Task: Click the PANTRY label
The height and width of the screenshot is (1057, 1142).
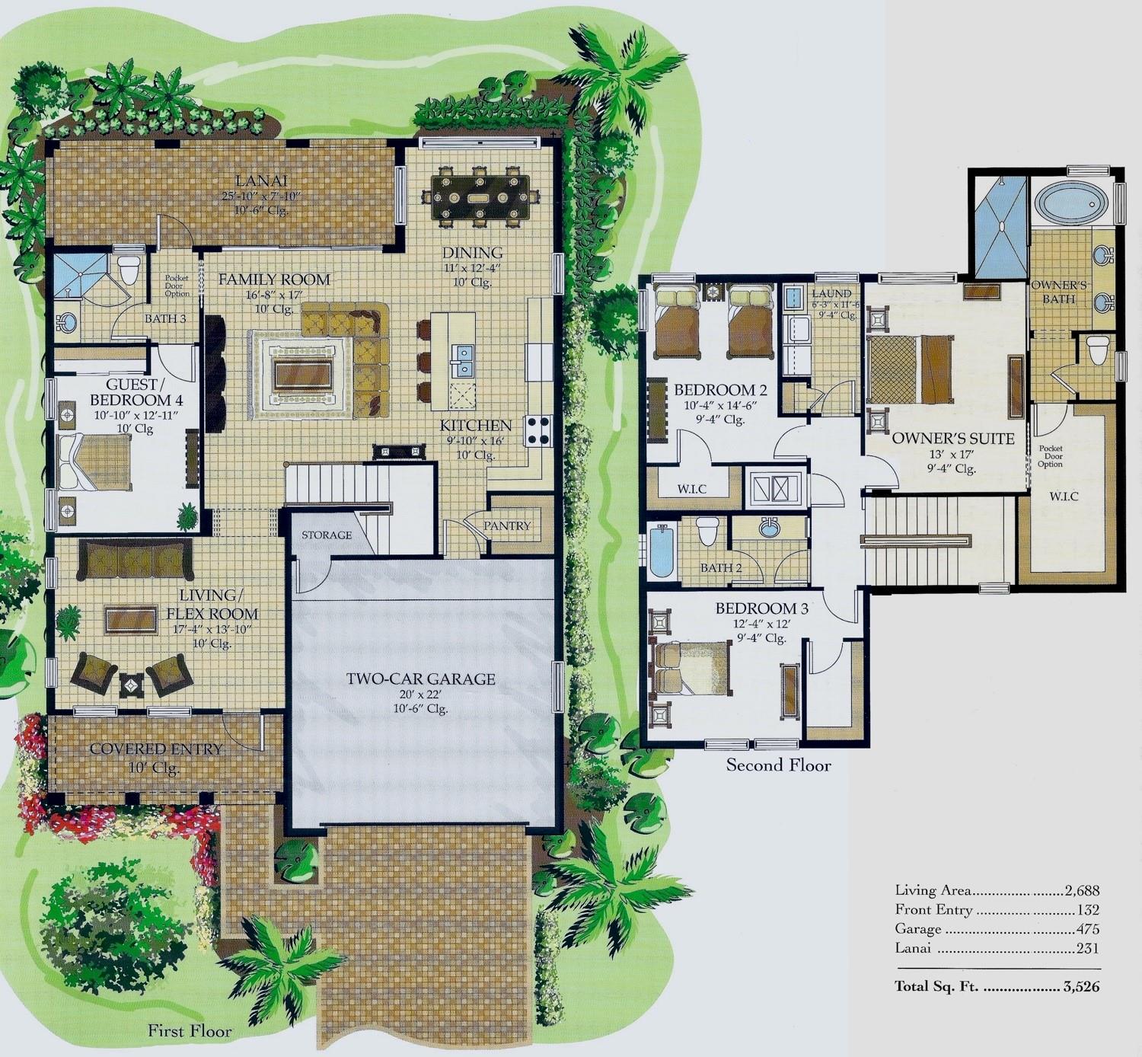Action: coord(506,525)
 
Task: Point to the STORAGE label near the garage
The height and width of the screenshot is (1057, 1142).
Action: coord(327,535)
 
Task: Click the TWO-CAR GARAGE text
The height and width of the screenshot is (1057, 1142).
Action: coord(420,679)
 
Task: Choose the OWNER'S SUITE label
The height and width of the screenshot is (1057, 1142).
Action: coord(953,439)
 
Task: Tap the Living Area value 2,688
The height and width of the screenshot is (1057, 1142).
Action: coord(1082,891)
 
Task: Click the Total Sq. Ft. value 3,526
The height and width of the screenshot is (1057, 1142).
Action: coord(1081,986)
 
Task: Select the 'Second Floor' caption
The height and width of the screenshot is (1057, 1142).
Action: coord(778,765)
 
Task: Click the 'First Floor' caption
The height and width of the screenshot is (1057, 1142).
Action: coord(190,1030)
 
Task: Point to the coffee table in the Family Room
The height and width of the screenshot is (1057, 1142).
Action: coord(302,377)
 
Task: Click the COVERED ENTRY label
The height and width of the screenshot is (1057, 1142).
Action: coord(156,749)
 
